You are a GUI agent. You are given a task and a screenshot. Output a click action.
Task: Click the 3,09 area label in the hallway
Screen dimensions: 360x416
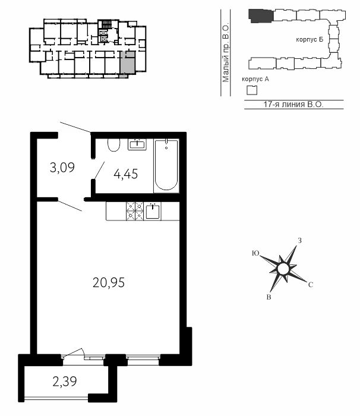pos(62,168)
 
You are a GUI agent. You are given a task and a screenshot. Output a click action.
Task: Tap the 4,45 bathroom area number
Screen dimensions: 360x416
pos(126,174)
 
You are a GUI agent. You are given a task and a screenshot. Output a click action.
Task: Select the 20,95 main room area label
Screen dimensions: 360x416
pos(109,282)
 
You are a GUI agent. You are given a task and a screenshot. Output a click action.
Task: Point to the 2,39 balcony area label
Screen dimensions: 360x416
pos(65,382)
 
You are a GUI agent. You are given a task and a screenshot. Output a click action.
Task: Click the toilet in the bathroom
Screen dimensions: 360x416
pos(114,145)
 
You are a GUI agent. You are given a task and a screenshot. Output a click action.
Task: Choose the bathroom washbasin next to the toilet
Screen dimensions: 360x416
pos(137,144)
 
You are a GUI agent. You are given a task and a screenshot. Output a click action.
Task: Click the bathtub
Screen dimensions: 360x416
pos(166,165)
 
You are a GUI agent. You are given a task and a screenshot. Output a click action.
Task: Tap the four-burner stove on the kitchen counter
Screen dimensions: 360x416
pos(135,211)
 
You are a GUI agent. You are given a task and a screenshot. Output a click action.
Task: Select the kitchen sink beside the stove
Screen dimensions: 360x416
pos(153,211)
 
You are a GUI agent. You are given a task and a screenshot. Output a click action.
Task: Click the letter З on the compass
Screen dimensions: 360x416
pos(299,241)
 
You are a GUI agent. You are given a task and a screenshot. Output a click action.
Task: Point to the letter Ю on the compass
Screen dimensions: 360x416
pos(255,253)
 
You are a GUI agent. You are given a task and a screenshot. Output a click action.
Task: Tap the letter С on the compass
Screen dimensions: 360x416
pos(311,285)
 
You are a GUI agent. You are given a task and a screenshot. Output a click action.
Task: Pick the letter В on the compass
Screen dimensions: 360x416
pos(269,297)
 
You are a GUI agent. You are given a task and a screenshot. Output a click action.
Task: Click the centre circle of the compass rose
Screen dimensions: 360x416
pos(283,269)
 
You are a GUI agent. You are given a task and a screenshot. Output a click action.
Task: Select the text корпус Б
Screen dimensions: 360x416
pos(310,40)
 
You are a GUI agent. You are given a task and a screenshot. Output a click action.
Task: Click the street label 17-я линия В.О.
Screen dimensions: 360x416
pos(293,104)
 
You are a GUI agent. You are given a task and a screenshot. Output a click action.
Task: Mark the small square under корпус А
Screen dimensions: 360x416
pos(252,90)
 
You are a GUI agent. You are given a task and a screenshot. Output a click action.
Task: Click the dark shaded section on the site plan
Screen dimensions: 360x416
pos(261,16)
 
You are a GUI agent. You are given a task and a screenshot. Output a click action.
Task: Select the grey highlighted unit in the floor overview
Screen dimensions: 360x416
pos(127,64)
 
